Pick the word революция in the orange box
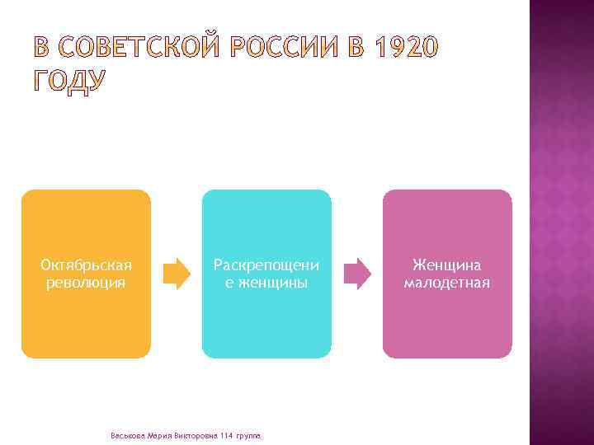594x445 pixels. [87, 283]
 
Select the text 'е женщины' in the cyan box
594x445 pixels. [266, 283]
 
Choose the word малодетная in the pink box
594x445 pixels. [447, 283]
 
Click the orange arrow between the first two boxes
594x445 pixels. [176, 274]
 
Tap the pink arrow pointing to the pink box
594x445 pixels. [357, 274]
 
